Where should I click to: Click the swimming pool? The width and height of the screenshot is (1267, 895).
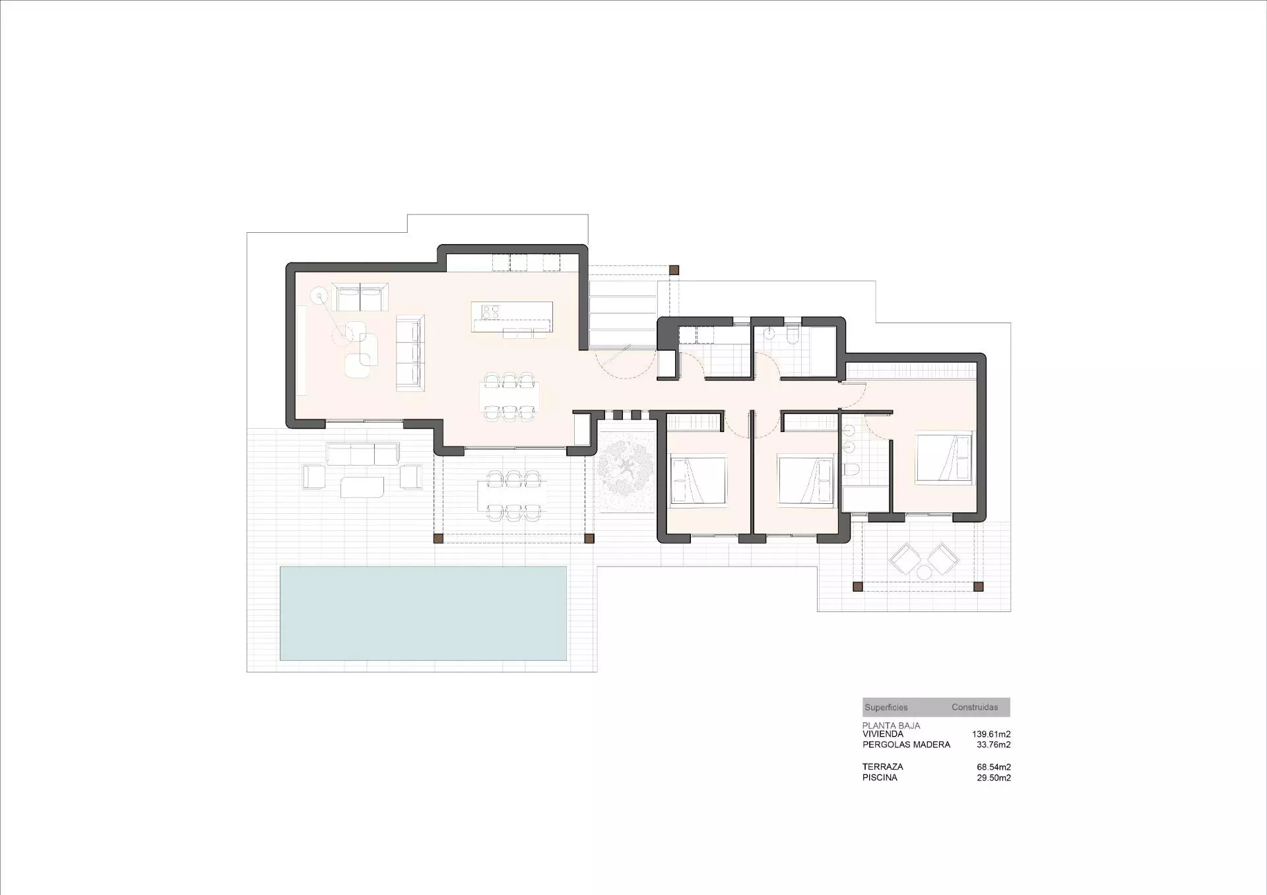(x=423, y=613)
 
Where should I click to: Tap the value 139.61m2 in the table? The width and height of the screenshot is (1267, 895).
(x=991, y=734)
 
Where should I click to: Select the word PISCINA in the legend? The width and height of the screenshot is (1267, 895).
(x=880, y=778)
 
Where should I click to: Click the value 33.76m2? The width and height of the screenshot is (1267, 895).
(x=994, y=745)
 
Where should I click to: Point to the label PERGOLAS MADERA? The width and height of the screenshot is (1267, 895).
(x=906, y=745)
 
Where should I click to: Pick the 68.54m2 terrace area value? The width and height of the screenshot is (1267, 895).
(x=994, y=767)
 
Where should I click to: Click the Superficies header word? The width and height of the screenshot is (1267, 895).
(x=886, y=708)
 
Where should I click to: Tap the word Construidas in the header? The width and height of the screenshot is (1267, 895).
(x=975, y=707)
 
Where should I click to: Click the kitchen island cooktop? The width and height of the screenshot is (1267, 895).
(x=490, y=311)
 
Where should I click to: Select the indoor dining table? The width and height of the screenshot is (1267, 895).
(x=509, y=397)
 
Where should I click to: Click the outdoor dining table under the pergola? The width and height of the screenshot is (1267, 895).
(x=512, y=495)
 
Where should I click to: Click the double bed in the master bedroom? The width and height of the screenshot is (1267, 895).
(x=944, y=456)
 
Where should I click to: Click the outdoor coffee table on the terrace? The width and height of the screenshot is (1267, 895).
(x=362, y=487)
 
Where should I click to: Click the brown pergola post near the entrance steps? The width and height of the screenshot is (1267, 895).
(x=674, y=270)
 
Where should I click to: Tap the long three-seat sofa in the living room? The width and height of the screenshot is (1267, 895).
(x=410, y=353)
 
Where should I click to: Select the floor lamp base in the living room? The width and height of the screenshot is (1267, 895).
(x=319, y=296)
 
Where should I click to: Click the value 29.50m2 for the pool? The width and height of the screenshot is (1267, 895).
(x=994, y=778)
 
